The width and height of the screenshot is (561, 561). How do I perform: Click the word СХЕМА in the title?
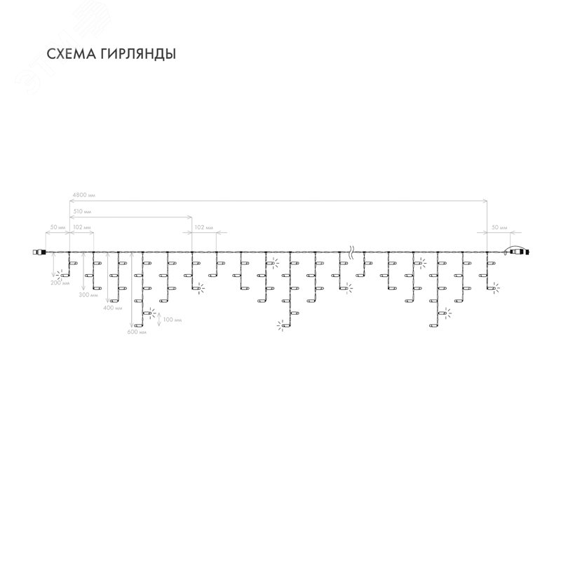pos(67,53)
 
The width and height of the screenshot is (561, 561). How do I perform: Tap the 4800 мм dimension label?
pos(83,195)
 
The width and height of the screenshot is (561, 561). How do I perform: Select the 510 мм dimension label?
pos(81,211)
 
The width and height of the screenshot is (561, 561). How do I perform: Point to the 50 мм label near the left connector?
pos(58,228)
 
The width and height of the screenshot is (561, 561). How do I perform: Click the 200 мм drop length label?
pos(60,284)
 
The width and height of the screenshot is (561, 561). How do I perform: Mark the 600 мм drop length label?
pos(137,332)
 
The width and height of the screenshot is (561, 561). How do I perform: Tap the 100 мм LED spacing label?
pos(173,319)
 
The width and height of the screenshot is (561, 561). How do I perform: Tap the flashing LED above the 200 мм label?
pos(60,275)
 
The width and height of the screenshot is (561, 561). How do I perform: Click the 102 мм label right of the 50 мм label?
pos(81,228)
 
